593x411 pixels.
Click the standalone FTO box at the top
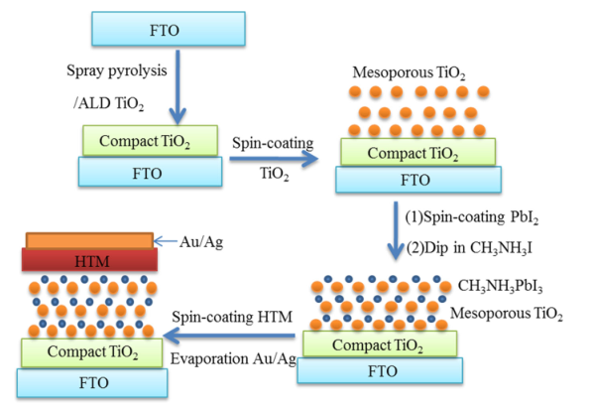tap(169, 29)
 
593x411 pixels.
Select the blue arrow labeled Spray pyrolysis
tap(177, 86)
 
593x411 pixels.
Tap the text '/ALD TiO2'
tap(108, 103)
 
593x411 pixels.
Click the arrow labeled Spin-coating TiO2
tap(274, 159)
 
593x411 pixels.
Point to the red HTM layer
tap(89, 260)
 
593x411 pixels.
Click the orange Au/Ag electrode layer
tap(89, 240)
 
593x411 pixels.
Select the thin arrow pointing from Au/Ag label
tap(166, 241)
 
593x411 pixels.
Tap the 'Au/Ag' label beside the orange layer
tap(201, 242)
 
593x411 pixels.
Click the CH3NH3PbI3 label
tap(500, 287)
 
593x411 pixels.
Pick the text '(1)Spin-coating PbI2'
tap(472, 217)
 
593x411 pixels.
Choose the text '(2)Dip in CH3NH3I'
tap(469, 248)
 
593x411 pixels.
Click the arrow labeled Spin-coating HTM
tap(229, 336)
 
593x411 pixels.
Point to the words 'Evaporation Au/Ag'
tap(233, 358)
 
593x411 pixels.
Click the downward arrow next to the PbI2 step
tap(396, 230)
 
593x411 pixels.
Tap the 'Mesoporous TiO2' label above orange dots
tap(409, 72)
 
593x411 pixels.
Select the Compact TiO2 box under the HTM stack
tap(92, 352)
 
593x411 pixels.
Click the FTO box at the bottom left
tap(92, 383)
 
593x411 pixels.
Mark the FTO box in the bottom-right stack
tap(380, 370)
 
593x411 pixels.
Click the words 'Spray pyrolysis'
tap(116, 71)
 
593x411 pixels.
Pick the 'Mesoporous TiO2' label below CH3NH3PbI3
tap(507, 314)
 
